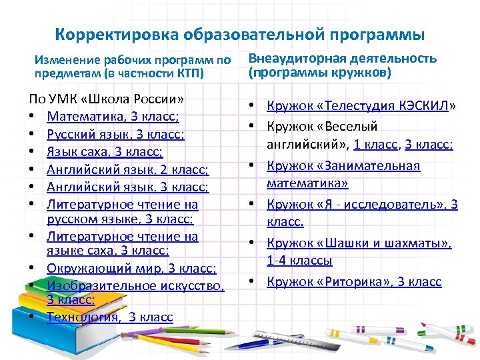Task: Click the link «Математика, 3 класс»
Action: (113, 117)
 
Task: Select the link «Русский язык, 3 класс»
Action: (115, 134)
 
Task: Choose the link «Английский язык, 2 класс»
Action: (127, 170)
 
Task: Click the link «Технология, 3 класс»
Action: (109, 317)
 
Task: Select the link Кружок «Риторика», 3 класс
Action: (354, 282)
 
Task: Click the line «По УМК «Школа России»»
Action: (107, 99)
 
